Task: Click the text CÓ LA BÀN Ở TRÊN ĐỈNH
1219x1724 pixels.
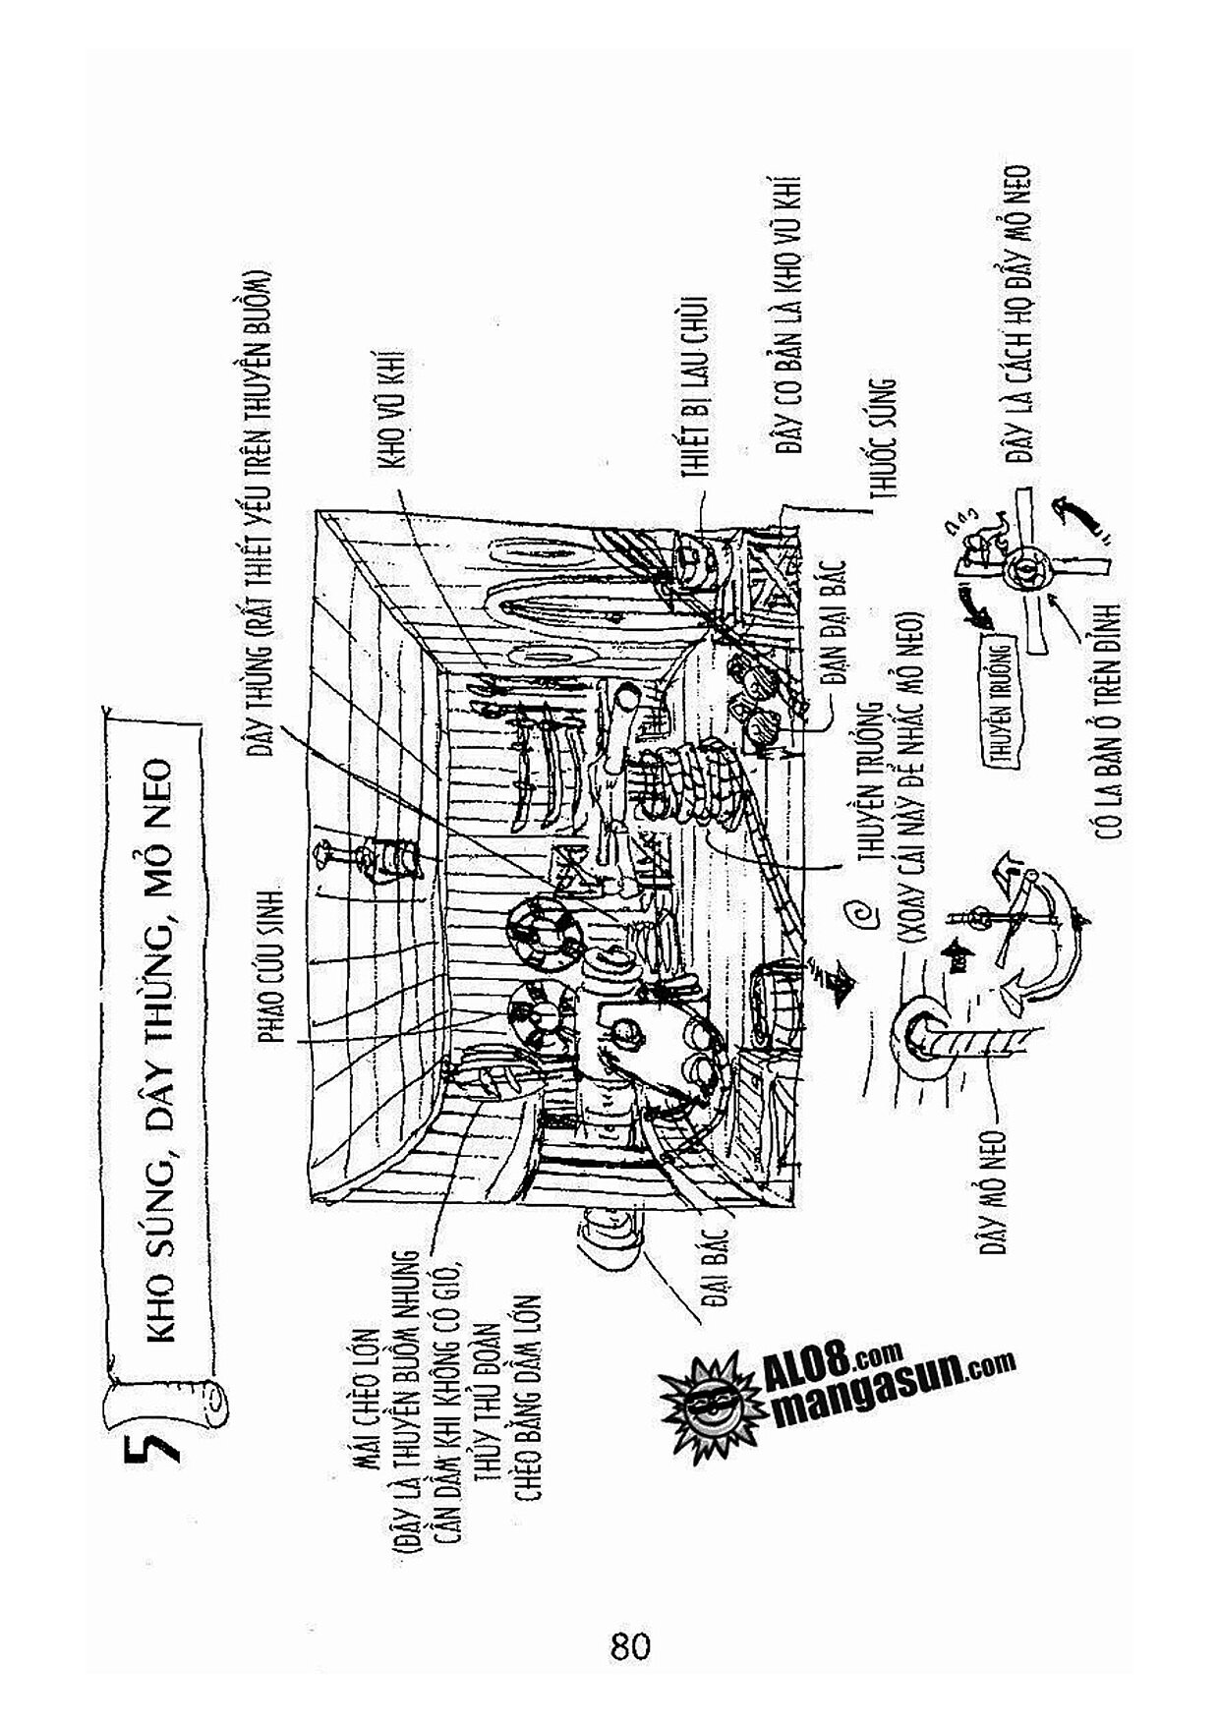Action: pos(1112,720)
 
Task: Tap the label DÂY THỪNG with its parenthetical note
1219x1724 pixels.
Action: pos(261,511)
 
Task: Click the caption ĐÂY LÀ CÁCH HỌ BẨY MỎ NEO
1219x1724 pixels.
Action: pos(1018,315)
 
